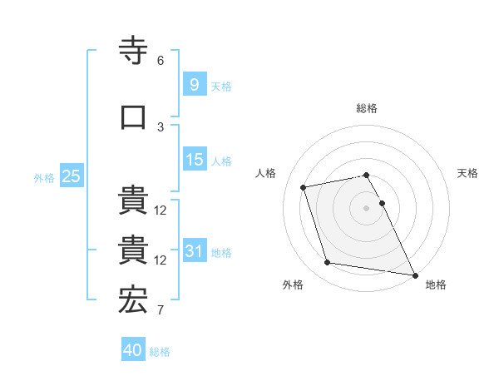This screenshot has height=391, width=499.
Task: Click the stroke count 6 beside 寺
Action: pyautogui.click(x=161, y=61)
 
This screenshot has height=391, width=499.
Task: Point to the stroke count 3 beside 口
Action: pyautogui.click(x=161, y=126)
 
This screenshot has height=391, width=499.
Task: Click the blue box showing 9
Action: pyautogui.click(x=193, y=84)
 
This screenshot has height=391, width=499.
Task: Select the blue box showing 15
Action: pyautogui.click(x=195, y=160)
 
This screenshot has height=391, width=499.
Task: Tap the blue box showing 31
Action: pyautogui.click(x=195, y=251)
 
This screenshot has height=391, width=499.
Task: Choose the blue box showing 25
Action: pyautogui.click(x=71, y=176)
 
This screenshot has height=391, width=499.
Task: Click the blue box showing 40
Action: pyautogui.click(x=133, y=350)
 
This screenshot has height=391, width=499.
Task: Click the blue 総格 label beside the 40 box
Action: pyautogui.click(x=160, y=352)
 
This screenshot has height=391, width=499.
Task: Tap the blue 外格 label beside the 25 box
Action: pyautogui.click(x=43, y=177)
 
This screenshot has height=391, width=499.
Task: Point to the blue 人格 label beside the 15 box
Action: pyautogui.click(x=221, y=161)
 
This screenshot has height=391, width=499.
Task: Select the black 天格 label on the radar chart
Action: pyautogui.click(x=467, y=173)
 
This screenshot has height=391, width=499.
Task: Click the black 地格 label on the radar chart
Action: pyautogui.click(x=436, y=285)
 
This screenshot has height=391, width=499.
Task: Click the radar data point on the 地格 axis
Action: pyautogui.click(x=414, y=274)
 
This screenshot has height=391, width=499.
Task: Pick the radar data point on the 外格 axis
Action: pyautogui.click(x=328, y=263)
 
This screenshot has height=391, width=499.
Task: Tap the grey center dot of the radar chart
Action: pyautogui.click(x=366, y=207)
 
